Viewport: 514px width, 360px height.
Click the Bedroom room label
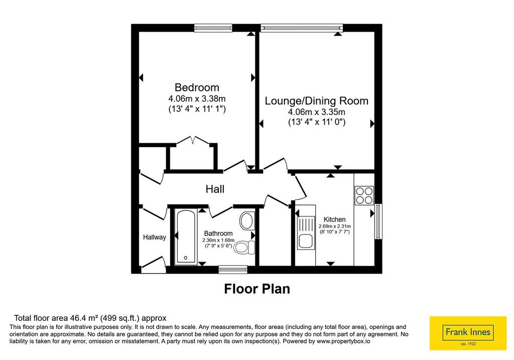[x=197, y=87]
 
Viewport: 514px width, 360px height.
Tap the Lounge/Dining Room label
[x=316, y=100]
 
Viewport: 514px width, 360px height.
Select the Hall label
[x=215, y=189]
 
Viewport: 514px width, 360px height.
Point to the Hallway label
[x=155, y=237]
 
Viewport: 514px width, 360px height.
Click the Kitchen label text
[x=334, y=220]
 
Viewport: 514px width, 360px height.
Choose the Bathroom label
[x=218, y=233]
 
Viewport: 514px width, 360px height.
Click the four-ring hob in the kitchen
[x=364, y=196]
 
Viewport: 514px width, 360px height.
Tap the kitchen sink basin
[x=306, y=242]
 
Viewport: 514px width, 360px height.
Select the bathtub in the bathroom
[x=186, y=236]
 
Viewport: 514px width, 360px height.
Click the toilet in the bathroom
[x=245, y=247]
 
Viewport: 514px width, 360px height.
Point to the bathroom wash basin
[x=247, y=221]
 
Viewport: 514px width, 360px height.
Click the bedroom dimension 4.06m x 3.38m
[x=197, y=98]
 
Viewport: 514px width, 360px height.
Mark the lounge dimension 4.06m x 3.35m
[x=316, y=112]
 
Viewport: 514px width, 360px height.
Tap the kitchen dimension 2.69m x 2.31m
[x=334, y=226]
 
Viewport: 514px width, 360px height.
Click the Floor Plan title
[x=257, y=289]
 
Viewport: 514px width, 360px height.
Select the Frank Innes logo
[x=468, y=333]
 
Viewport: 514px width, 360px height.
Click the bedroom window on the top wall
[x=213, y=28]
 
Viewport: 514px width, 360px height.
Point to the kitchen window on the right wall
[x=378, y=221]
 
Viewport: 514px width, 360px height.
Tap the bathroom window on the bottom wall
[x=233, y=269]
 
